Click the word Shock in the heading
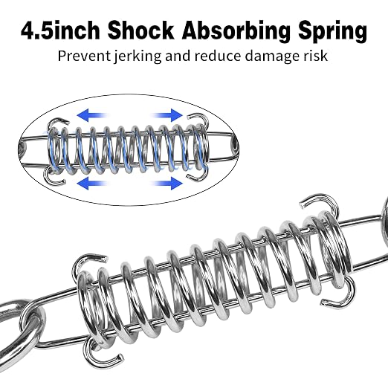pos(140,30)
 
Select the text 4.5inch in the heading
pos(60,30)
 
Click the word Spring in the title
pos(332,30)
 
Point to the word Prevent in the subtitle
pos(84,56)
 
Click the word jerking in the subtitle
pos(137,56)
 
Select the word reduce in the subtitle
pos(217,56)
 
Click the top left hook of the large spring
pos(87,258)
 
